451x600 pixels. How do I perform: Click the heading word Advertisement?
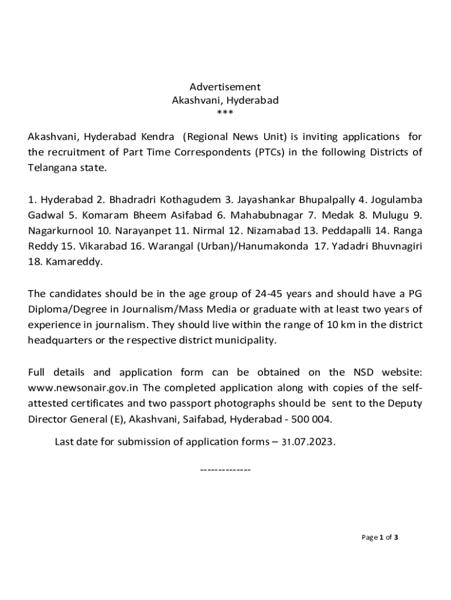tap(225, 87)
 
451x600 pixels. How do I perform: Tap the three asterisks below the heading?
tap(225, 113)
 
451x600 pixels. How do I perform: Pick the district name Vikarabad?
tap(91, 246)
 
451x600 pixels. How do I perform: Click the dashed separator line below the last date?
tap(225, 470)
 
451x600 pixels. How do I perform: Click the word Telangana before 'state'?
tap(51, 168)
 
